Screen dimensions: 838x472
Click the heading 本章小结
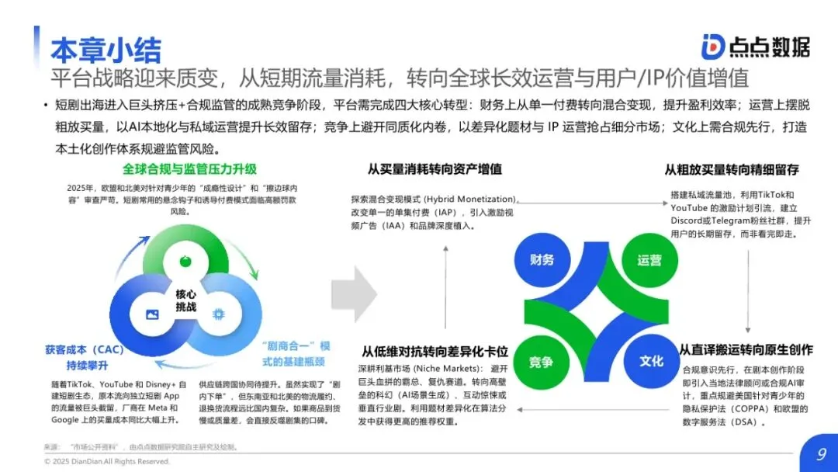click(x=106, y=47)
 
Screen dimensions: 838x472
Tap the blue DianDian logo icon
click(x=712, y=47)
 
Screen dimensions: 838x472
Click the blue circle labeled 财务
click(x=542, y=259)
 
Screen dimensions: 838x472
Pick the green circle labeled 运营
click(x=649, y=260)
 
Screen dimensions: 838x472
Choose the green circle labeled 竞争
click(x=541, y=362)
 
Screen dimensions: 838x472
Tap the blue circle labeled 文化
click(x=651, y=361)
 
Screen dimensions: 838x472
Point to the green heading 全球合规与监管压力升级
click(x=189, y=169)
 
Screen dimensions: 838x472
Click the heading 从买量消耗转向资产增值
click(x=435, y=169)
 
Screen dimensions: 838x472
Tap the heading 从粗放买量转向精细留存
click(x=731, y=169)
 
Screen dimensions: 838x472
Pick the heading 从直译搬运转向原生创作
click(x=746, y=350)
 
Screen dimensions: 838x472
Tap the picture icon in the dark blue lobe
click(x=152, y=314)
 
